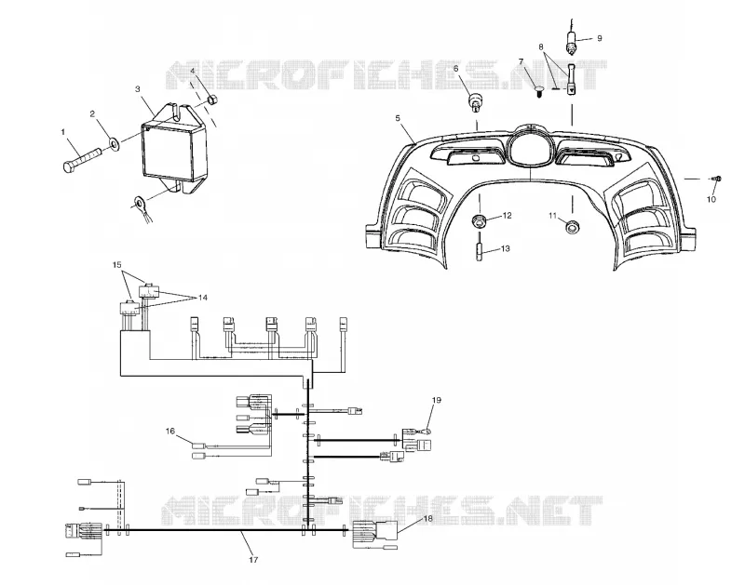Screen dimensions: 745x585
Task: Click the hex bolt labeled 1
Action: point(82,160)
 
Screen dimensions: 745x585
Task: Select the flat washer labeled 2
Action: point(115,143)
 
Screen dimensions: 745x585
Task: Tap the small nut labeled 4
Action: point(213,100)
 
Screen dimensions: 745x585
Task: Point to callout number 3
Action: point(138,88)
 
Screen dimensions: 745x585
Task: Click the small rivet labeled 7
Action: point(539,90)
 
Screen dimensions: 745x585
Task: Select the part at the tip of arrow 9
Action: point(571,42)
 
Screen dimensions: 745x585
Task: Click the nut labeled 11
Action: point(572,227)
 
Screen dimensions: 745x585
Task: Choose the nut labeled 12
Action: point(479,220)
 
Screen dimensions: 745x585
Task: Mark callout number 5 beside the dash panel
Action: point(399,118)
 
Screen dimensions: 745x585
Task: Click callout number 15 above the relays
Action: point(117,265)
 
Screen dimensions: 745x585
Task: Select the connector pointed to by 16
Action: point(198,445)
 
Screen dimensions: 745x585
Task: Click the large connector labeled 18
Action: point(375,534)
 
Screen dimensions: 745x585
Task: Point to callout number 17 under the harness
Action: point(253,560)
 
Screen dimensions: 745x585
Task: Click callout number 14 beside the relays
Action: point(203,298)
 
